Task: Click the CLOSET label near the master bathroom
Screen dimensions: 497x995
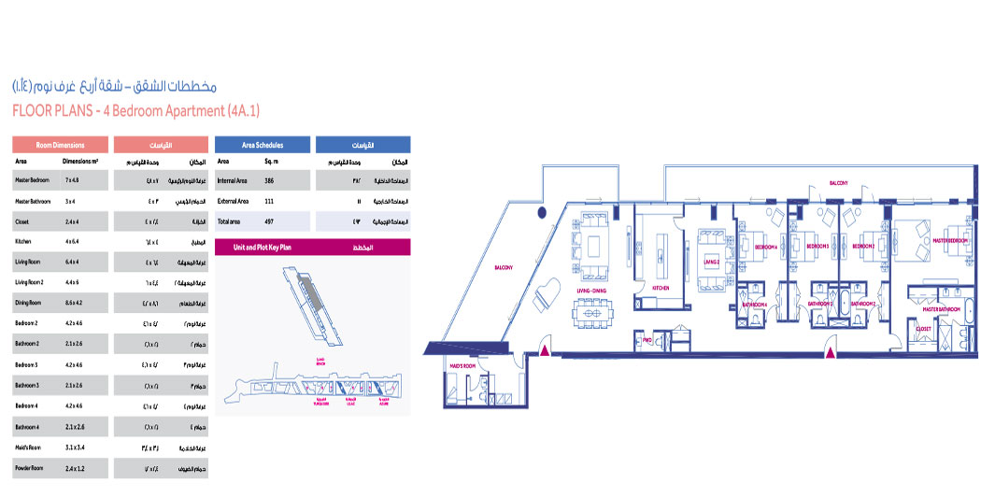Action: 923,328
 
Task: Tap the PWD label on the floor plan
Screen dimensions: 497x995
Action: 647,340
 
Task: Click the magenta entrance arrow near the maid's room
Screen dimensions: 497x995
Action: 544,352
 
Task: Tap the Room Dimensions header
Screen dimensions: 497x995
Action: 60,146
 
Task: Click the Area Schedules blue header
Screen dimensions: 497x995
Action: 262,146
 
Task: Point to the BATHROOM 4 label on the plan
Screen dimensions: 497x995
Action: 754,305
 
